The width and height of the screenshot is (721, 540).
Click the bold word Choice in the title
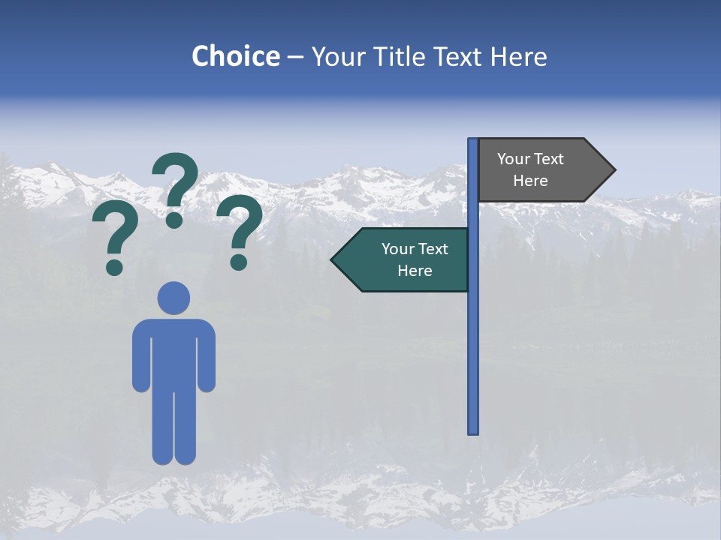click(235, 56)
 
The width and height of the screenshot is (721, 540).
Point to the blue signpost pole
click(473, 337)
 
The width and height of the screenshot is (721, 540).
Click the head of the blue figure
click(173, 298)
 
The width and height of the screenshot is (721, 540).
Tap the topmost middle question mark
click(175, 187)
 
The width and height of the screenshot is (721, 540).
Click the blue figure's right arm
click(207, 356)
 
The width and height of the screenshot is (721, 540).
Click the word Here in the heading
click(518, 56)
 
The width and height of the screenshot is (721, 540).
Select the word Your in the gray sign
click(514, 159)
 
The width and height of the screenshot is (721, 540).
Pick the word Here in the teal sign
click(415, 271)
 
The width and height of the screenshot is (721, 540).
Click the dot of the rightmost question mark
click(239, 262)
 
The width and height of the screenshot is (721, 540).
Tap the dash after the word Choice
click(294, 57)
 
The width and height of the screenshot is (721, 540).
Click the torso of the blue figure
click(173, 352)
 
